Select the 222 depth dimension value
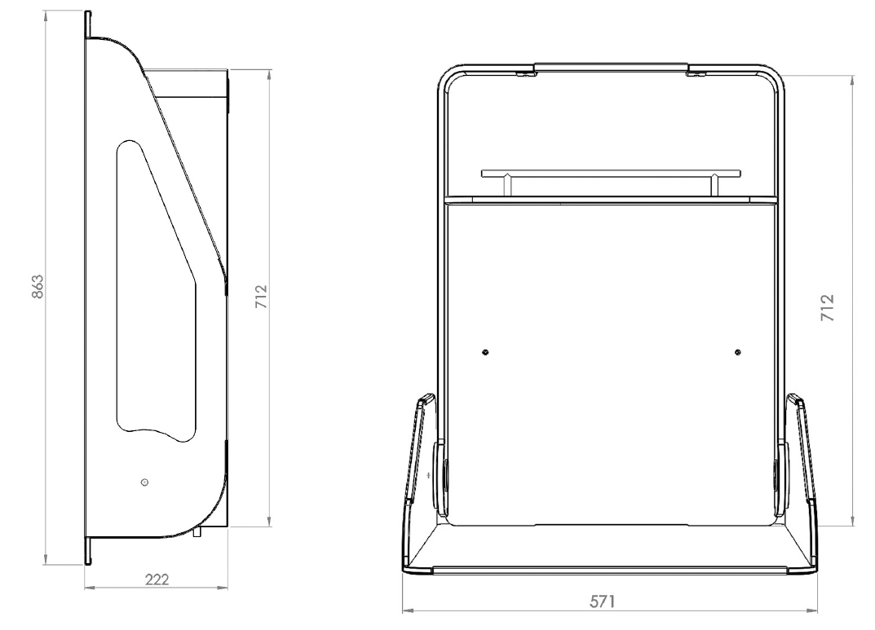[x=157, y=579]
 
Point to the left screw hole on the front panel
[x=485, y=352]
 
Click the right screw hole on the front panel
[x=737, y=352]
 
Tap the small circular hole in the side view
[x=145, y=482]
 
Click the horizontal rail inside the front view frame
[x=610, y=173]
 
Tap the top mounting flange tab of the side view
[x=87, y=24]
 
